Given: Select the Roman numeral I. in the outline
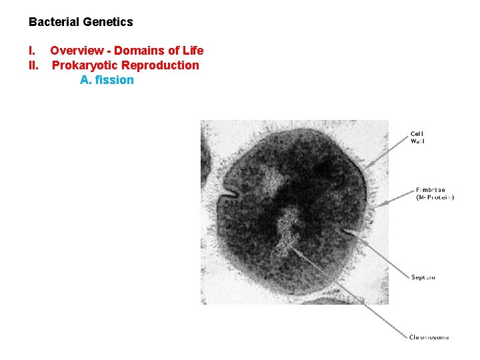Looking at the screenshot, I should [31, 51].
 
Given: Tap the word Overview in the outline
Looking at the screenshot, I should [77, 51].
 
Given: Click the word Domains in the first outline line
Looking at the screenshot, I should [140, 51].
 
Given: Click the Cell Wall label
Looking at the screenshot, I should [417, 137].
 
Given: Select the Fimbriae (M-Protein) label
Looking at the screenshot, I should [435, 193].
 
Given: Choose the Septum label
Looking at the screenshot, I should [423, 277].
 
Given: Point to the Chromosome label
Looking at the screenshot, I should [429, 337].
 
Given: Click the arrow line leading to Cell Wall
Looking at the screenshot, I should [387, 153].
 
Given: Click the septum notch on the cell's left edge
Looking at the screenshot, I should [231, 194].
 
